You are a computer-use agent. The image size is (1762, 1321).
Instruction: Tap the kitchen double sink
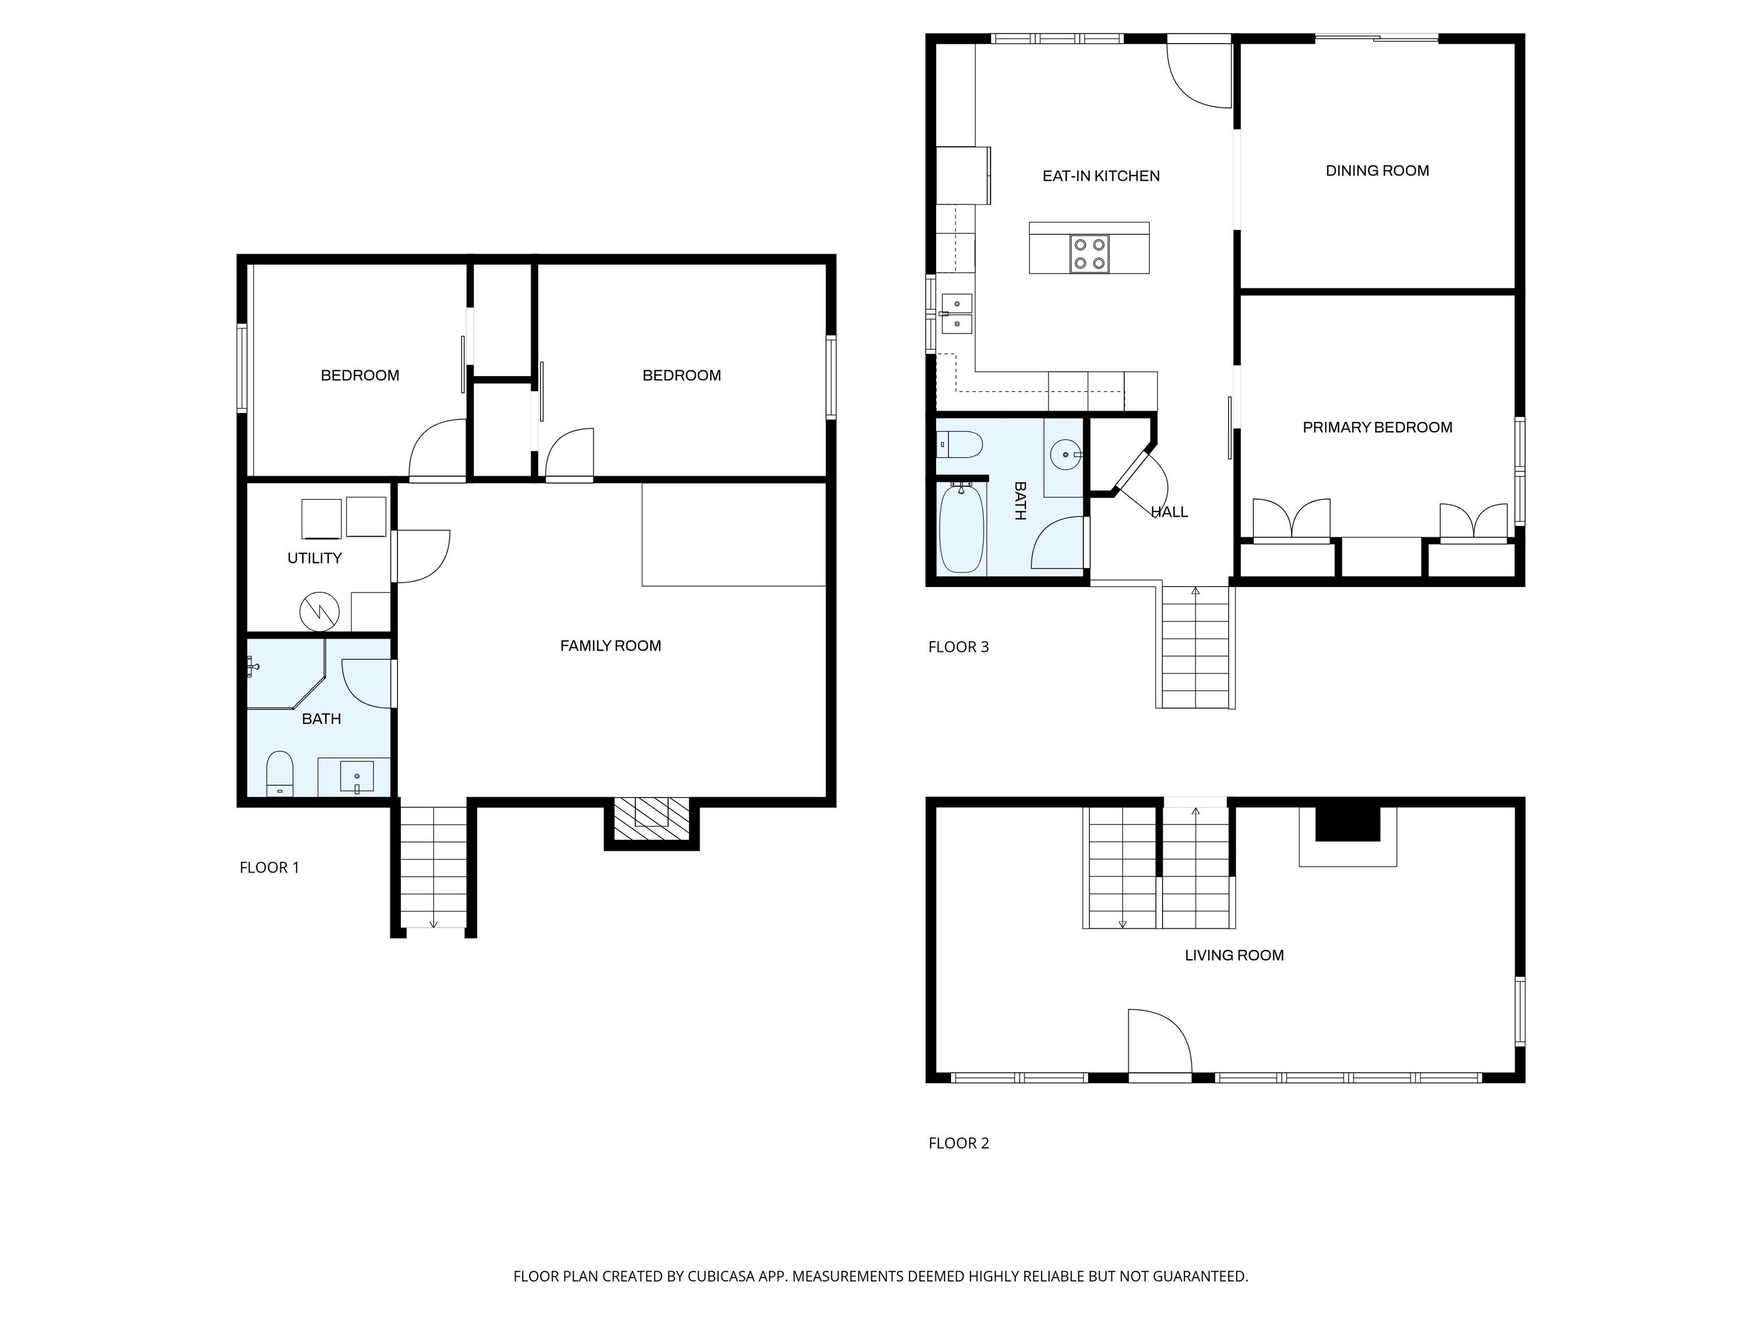pyautogui.click(x=956, y=314)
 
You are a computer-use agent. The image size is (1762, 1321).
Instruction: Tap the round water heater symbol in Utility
pyautogui.click(x=319, y=612)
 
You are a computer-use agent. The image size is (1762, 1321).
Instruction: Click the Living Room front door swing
pyautogui.click(x=1160, y=1042)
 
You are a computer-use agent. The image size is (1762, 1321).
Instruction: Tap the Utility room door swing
pyautogui.click(x=422, y=556)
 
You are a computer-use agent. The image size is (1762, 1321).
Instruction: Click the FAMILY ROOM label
pyautogui.click(x=610, y=646)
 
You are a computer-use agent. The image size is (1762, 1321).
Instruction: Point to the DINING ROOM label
pyautogui.click(x=1377, y=170)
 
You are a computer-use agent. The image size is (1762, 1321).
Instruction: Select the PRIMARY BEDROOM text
pyautogui.click(x=1377, y=428)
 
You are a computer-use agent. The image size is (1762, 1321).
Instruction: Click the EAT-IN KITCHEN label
pyautogui.click(x=1101, y=176)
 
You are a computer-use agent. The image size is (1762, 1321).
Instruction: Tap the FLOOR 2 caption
pyautogui.click(x=958, y=1143)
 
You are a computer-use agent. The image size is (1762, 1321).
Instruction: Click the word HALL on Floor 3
pyautogui.click(x=1170, y=512)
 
